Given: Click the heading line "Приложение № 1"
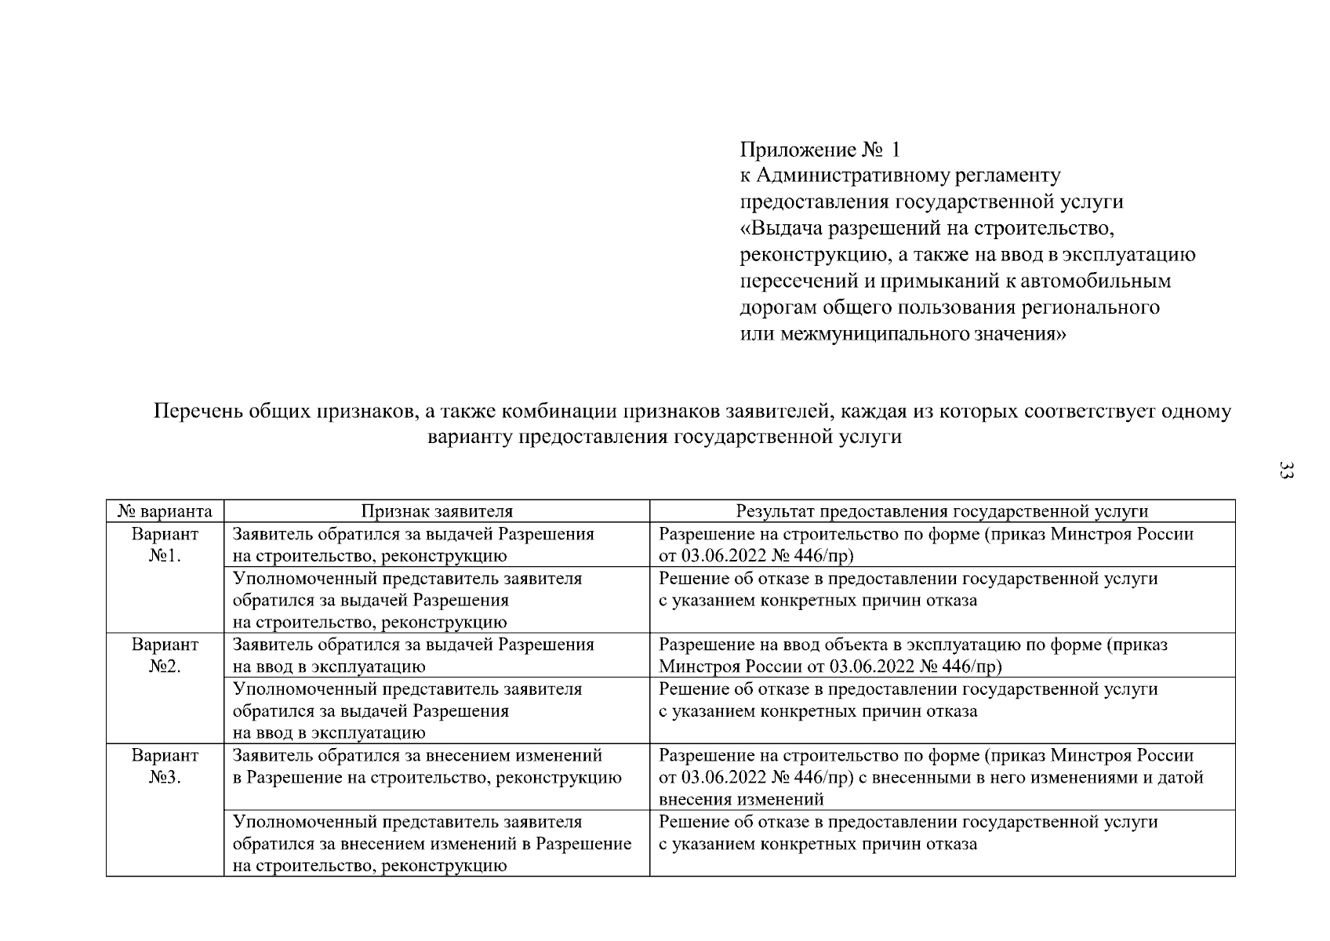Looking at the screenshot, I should click(x=821, y=149).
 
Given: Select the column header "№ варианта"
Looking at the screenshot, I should click(x=165, y=511).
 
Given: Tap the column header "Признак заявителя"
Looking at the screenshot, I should click(x=437, y=511).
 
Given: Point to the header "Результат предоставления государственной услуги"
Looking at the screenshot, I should click(x=942, y=511).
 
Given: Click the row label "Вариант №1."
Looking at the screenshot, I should click(x=165, y=545).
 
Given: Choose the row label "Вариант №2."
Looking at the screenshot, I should click(x=165, y=656).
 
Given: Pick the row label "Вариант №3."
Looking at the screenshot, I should click(x=165, y=767).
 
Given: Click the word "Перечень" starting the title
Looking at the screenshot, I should click(x=197, y=411).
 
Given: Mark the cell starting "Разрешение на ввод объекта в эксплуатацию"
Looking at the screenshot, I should click(x=913, y=656).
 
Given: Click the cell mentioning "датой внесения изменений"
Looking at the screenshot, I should click(x=931, y=777).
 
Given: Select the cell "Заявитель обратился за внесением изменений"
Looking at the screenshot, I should click(x=427, y=767).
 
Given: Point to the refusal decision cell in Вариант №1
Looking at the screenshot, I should click(x=907, y=590).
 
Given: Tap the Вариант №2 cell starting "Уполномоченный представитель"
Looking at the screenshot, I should click(x=408, y=710).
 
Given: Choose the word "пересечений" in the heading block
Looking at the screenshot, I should click(x=790, y=281).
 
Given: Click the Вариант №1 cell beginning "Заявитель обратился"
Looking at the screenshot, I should click(x=413, y=545).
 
